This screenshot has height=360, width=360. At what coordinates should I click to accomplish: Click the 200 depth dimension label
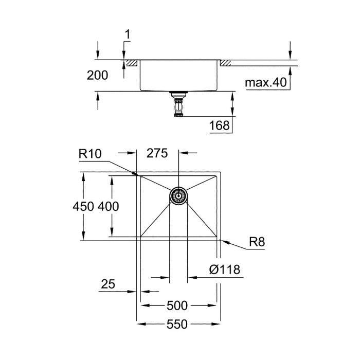click(97, 75)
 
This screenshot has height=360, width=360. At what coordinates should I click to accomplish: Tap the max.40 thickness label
click(266, 82)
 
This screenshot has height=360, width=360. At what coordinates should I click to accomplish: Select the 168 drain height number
click(219, 125)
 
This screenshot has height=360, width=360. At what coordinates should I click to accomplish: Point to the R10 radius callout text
click(90, 154)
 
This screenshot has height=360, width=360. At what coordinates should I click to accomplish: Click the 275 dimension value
click(157, 153)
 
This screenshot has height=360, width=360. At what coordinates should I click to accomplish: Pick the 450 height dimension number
click(83, 206)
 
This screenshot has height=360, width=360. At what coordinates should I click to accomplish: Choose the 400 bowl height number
click(109, 206)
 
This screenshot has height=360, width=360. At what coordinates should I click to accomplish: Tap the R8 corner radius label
click(257, 242)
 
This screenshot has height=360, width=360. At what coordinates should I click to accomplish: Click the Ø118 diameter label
click(225, 269)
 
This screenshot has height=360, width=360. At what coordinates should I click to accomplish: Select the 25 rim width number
click(108, 284)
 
